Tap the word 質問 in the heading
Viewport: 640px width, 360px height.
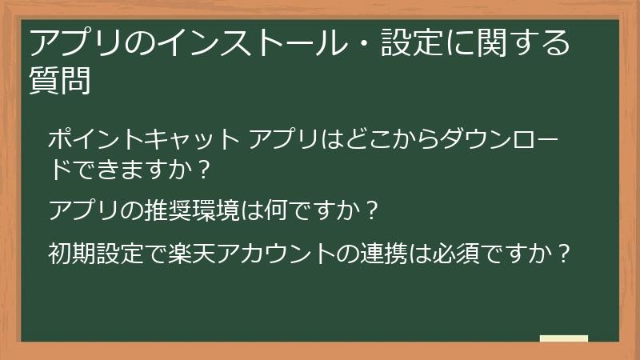tap(60, 80)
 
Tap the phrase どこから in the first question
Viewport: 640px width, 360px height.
tap(394, 140)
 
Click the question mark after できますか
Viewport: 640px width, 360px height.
tap(206, 170)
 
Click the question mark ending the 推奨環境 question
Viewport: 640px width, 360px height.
tap(370, 211)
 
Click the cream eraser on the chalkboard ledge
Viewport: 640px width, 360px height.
tap(564, 339)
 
